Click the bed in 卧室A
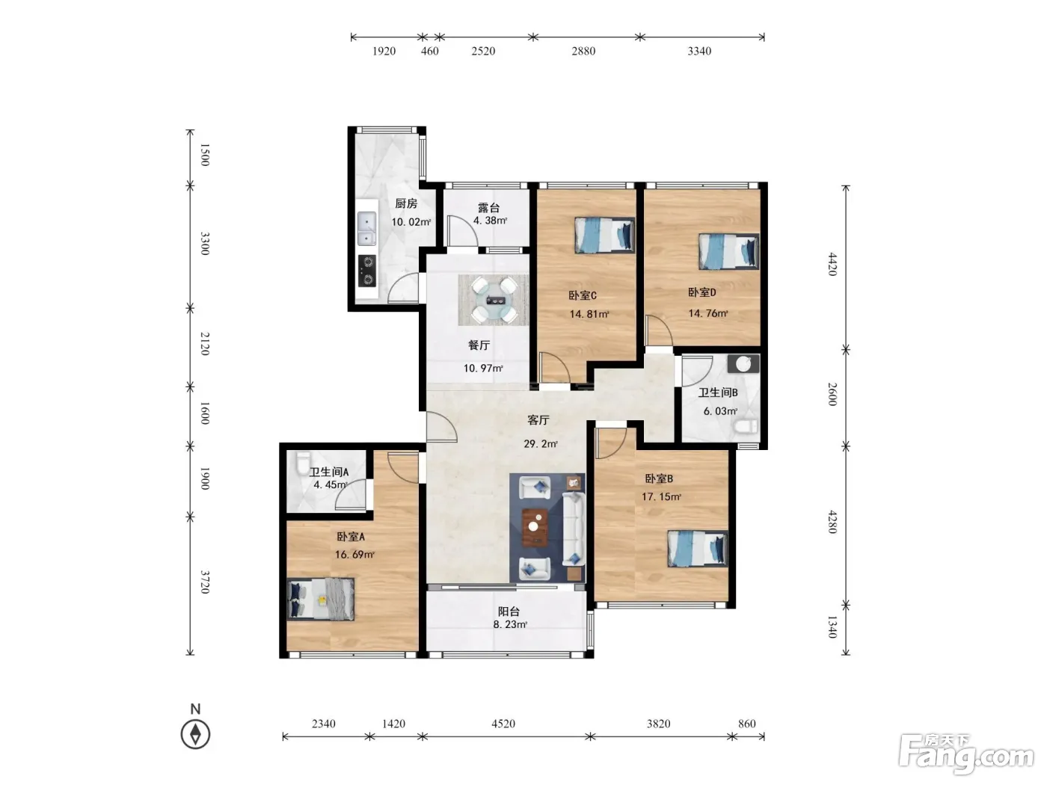[x=321, y=599]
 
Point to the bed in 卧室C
[x=604, y=235]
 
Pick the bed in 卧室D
[x=728, y=250]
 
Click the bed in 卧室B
[x=697, y=549]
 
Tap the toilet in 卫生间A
[x=303, y=464]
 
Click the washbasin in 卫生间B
[x=743, y=363]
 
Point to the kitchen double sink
[x=366, y=228]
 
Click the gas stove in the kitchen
[x=367, y=271]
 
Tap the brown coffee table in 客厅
[x=535, y=527]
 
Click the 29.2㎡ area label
[x=541, y=444]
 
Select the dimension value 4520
[x=503, y=724]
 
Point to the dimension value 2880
[x=583, y=51]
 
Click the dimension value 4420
[x=832, y=264]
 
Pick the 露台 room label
[x=489, y=208]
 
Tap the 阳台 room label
[x=509, y=611]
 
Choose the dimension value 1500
[x=205, y=155]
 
